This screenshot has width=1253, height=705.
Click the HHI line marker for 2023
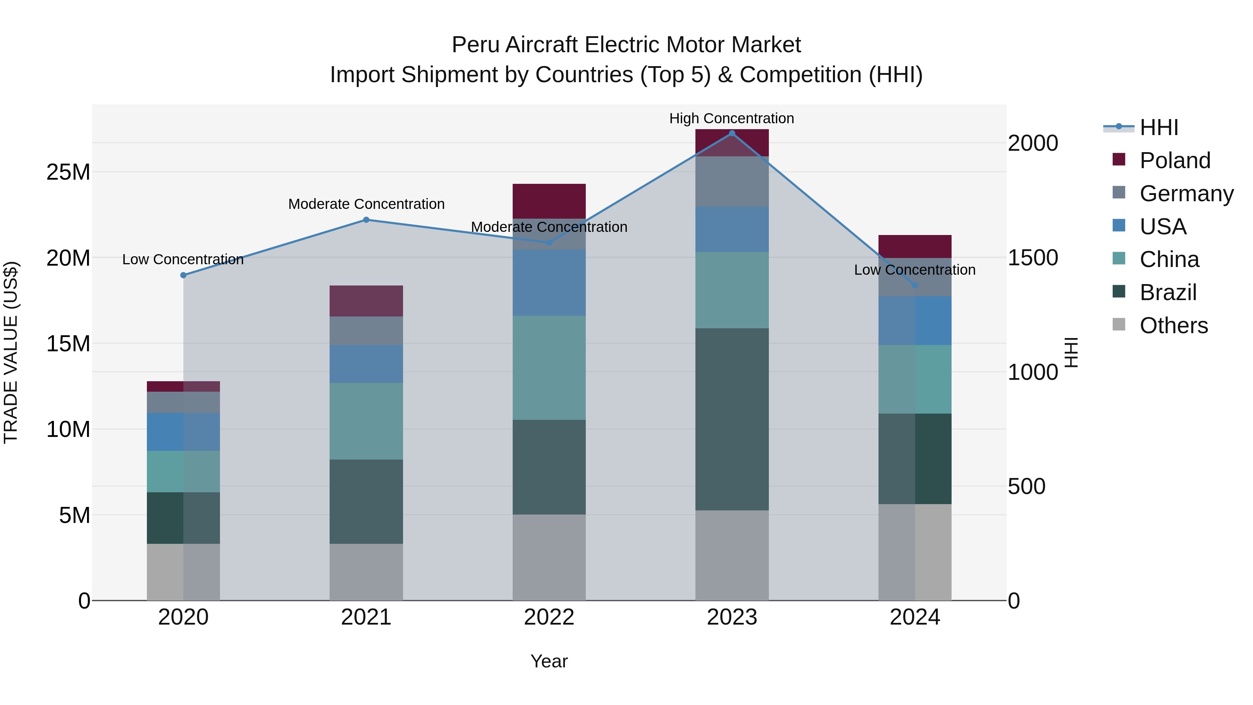click(x=732, y=133)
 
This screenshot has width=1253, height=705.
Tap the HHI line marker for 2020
click(x=183, y=275)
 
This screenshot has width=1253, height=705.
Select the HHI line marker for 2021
click(x=366, y=220)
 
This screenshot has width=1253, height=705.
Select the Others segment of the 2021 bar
click(x=366, y=572)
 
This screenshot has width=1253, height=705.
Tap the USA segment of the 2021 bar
click(x=366, y=364)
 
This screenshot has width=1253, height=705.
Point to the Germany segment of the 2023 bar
click(x=732, y=181)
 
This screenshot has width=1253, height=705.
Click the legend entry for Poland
click(x=1174, y=160)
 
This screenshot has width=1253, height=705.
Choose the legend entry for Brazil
click(x=1167, y=292)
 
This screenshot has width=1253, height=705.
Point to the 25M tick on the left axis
click(x=68, y=172)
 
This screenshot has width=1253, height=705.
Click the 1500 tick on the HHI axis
click(x=1032, y=258)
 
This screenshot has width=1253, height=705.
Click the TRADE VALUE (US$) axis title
click(x=11, y=352)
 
